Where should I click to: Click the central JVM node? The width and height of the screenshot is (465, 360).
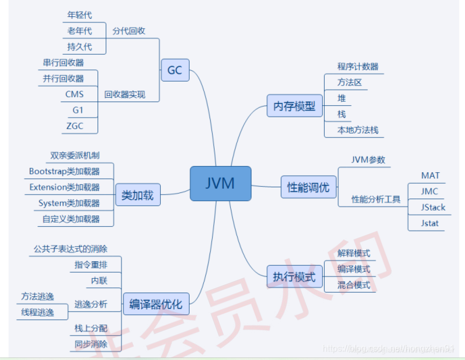pos(220,184)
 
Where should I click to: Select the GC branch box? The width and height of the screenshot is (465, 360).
pos(175,70)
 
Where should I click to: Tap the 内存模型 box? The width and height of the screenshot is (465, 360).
pos(294,106)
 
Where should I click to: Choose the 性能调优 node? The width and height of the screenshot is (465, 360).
pos(308,187)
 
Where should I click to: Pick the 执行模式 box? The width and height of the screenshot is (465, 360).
pos(294,277)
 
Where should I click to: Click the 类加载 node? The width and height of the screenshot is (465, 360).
pos(137,195)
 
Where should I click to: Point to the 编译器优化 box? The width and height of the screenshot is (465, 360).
pos(156,304)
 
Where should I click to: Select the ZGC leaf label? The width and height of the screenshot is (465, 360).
pos(75,126)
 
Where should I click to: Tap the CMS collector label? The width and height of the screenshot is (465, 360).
pos(74,94)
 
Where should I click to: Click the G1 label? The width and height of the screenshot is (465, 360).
pos(78,110)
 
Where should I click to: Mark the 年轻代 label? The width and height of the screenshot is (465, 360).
pos(80,16)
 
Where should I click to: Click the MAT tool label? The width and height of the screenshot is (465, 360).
pos(430,176)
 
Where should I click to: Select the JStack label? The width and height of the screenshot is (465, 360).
pos(433,207)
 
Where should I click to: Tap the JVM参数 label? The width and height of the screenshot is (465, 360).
pos(368,160)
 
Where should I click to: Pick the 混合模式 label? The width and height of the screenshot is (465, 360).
pos(354,285)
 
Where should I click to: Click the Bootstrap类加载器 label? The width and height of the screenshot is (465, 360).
pos(64,171)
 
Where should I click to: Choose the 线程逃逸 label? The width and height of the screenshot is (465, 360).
pos(38,313)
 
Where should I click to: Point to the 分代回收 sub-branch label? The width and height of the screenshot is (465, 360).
pos(129,31)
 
